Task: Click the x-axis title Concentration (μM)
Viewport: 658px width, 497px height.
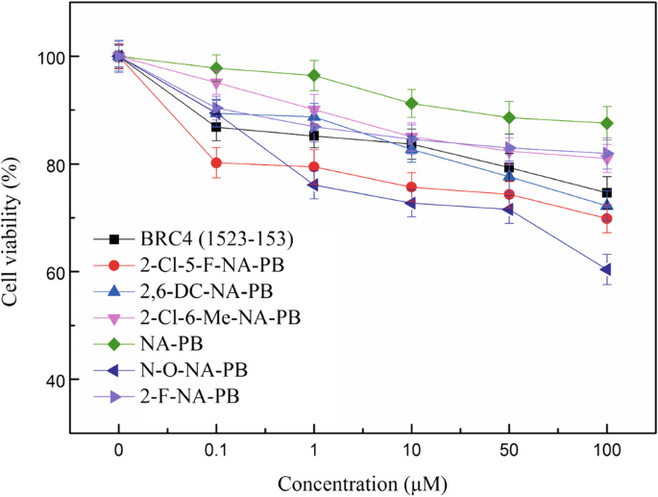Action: coord(362,478)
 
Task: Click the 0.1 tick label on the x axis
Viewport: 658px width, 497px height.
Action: coord(216,449)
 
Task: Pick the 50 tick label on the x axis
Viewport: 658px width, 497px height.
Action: coord(509,449)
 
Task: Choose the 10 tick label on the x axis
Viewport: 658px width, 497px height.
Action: coord(411,449)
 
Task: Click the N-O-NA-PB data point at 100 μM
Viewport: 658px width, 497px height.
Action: coord(606,269)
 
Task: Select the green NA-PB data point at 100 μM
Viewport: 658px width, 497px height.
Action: coord(606,123)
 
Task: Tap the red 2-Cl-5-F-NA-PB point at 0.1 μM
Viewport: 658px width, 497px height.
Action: coord(216,162)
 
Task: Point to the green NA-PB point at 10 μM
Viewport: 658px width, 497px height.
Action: coord(411,103)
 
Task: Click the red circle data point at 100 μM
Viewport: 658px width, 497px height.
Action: coord(606,218)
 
